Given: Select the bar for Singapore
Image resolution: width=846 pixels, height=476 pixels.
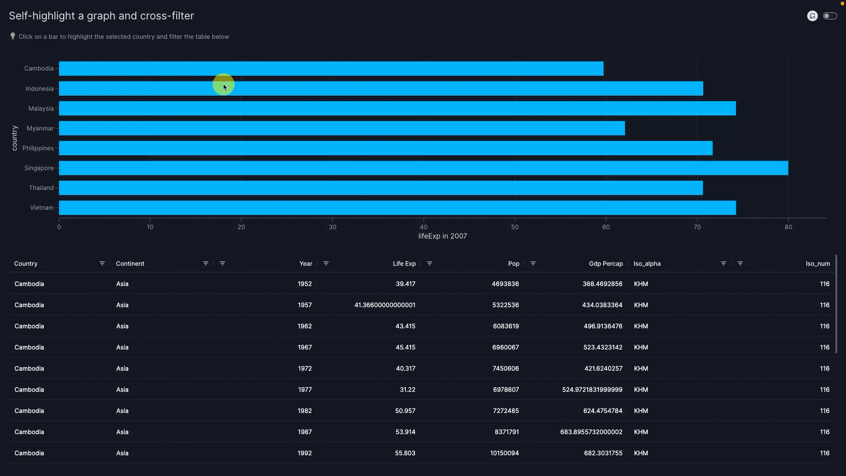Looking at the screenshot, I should click(x=423, y=168).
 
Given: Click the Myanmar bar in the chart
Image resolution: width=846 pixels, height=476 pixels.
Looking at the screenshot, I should click(x=341, y=128).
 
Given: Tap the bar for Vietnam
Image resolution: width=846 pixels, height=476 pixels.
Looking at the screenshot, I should click(x=397, y=208).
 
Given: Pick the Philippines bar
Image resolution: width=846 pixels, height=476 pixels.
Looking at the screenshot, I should click(x=386, y=148).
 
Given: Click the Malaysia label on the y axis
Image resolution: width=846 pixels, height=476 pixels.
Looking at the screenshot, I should click(x=41, y=108).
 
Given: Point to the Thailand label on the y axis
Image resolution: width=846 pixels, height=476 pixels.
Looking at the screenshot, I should click(x=41, y=188).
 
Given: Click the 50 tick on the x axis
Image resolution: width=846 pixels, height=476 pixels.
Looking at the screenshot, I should click(x=515, y=227).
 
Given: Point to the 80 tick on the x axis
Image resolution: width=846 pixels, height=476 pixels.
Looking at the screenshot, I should click(x=788, y=227).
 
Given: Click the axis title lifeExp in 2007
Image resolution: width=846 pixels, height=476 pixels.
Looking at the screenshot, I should click(x=442, y=236).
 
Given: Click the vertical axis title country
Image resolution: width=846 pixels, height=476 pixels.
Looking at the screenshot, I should click(x=15, y=138).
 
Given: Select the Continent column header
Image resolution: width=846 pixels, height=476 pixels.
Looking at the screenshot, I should click(x=130, y=264).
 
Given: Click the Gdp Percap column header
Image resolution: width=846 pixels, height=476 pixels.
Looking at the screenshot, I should click(x=606, y=264).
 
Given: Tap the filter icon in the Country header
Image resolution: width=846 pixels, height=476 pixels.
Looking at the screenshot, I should click(x=102, y=264).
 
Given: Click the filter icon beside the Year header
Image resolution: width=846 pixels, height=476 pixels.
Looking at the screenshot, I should click(x=326, y=264).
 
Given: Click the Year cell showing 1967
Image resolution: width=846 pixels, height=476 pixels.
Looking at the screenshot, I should click(x=304, y=347).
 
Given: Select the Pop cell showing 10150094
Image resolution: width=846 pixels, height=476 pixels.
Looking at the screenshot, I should click(x=505, y=453).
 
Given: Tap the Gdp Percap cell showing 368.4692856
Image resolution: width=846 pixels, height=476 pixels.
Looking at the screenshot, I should click(x=602, y=284).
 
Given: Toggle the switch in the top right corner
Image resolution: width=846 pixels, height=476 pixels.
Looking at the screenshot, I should click(x=830, y=16).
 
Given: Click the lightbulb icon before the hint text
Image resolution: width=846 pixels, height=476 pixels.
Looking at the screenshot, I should click(x=13, y=36).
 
